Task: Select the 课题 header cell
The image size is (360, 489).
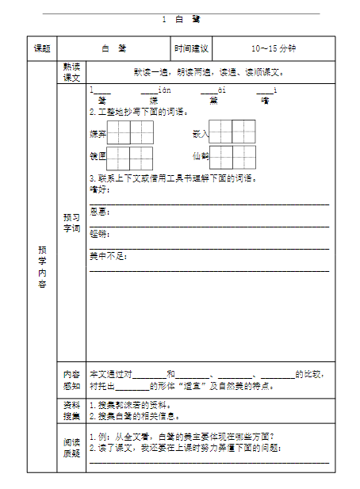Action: coord(42,49)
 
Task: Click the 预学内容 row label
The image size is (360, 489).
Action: coord(42,266)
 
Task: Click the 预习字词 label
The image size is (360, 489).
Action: coord(71,223)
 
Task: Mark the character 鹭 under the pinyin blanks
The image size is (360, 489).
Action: coord(101,101)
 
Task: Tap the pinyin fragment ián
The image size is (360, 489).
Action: coord(165,90)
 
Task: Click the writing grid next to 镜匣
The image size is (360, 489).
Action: coord(130,157)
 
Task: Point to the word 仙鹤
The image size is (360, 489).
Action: coord(200,156)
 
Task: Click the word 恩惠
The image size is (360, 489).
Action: coord(99,212)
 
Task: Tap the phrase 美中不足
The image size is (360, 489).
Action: coord(108,256)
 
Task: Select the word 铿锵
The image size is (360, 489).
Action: coord(99,234)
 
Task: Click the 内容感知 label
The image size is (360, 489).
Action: coord(71,380)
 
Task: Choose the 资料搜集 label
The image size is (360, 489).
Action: coord(71,410)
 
